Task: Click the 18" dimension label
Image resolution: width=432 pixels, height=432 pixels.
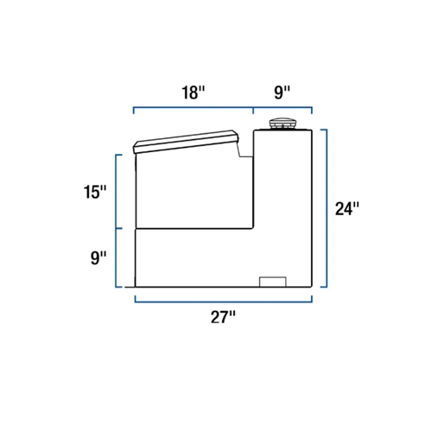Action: click(193, 92)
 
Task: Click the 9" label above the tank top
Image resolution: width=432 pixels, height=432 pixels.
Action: click(282, 92)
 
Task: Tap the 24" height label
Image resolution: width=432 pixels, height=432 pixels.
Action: click(347, 208)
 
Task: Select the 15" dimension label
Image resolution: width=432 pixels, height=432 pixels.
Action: click(95, 192)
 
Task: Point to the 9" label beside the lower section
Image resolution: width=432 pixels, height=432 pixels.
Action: click(98, 257)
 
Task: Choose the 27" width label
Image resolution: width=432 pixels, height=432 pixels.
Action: click(223, 317)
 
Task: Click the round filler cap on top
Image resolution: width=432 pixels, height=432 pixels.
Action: click(283, 124)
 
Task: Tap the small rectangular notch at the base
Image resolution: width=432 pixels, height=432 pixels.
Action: click(273, 282)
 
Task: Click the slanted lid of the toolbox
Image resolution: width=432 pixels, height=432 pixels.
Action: click(186, 142)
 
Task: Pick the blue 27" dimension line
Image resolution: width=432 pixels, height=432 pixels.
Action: click(224, 302)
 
